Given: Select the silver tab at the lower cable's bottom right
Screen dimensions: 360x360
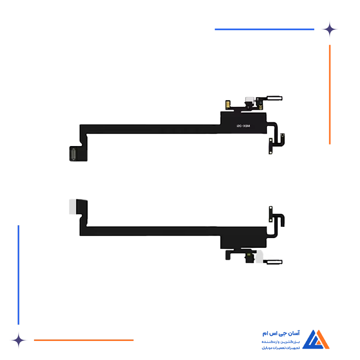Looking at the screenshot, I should (x=273, y=263).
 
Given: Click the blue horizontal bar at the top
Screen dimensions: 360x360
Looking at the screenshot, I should (x=265, y=29).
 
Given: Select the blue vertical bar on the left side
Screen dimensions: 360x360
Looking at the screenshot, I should (x=19, y=273).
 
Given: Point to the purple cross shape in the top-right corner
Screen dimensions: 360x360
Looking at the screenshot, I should (x=337, y=29).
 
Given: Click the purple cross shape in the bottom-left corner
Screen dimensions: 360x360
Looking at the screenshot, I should (x=19, y=339).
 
